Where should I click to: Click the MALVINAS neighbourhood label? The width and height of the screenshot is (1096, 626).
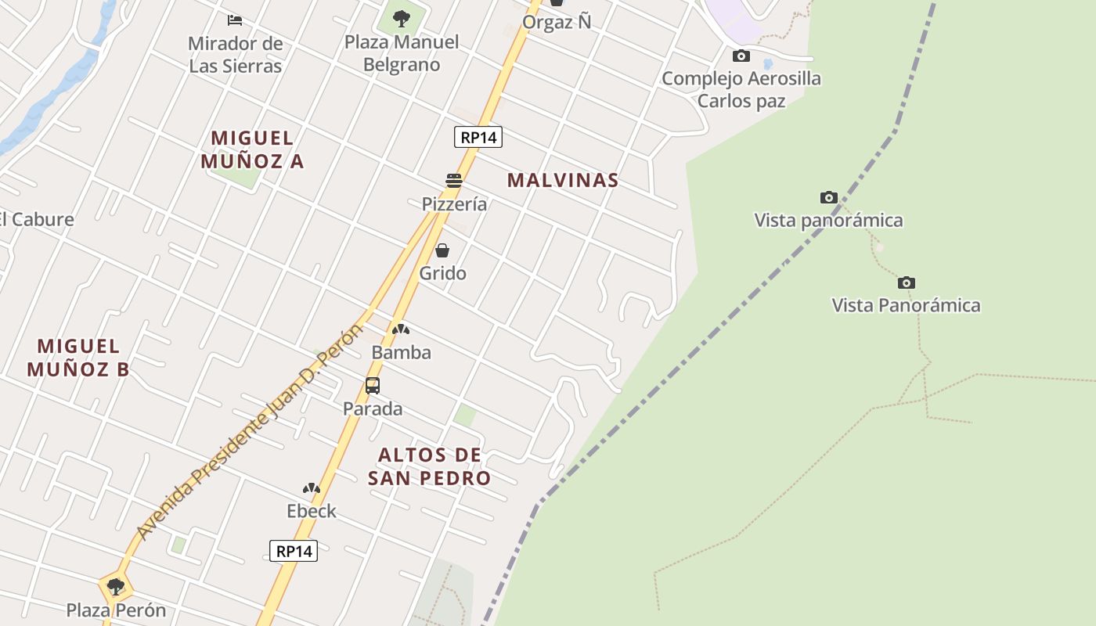click(563, 180)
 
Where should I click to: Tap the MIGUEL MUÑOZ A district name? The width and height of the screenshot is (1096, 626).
click(252, 149)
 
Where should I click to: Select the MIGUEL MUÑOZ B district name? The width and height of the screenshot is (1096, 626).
click(78, 358)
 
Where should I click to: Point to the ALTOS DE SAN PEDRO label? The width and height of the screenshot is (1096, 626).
click(430, 466)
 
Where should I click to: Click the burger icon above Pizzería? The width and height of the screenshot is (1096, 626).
click(454, 181)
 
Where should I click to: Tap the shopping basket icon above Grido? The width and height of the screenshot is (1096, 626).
click(442, 250)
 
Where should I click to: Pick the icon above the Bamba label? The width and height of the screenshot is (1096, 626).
click(401, 329)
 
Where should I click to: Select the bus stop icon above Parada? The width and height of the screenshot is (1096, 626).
click(373, 386)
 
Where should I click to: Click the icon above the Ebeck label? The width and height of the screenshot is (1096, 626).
click(312, 488)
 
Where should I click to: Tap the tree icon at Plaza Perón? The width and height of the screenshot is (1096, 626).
click(116, 587)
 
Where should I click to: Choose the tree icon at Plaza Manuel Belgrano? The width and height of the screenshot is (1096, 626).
click(402, 18)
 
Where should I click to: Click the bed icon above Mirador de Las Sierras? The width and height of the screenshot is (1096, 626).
click(235, 20)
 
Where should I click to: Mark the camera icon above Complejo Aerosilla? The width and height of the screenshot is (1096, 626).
click(741, 56)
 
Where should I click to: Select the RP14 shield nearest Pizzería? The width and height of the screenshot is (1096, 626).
click(478, 138)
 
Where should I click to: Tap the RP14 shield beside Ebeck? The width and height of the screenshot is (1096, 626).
click(294, 551)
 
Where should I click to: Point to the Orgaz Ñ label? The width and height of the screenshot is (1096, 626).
click(557, 22)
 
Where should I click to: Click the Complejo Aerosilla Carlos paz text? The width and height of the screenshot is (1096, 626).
click(741, 89)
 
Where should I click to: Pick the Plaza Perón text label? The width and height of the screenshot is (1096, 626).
click(116, 610)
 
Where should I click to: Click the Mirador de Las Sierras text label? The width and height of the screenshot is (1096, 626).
click(235, 54)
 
